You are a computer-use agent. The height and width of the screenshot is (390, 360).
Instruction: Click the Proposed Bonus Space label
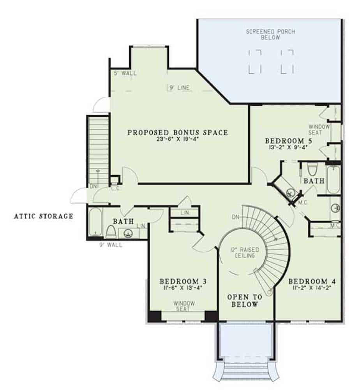[x=178, y=133]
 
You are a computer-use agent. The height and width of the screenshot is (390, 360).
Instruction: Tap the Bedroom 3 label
[x=183, y=281]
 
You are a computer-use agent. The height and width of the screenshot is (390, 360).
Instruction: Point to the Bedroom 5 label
[x=284, y=140]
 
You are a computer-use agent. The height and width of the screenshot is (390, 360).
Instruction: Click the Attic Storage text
[x=44, y=216]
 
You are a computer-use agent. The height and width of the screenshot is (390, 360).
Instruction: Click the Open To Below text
[x=242, y=301]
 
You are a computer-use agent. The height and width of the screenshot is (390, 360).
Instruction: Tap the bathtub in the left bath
[x=95, y=223]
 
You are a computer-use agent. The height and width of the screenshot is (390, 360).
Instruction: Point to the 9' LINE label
[x=179, y=88]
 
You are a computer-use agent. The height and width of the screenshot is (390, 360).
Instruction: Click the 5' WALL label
[x=123, y=73]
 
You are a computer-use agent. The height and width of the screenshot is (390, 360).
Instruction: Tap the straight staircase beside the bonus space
[x=98, y=148]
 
